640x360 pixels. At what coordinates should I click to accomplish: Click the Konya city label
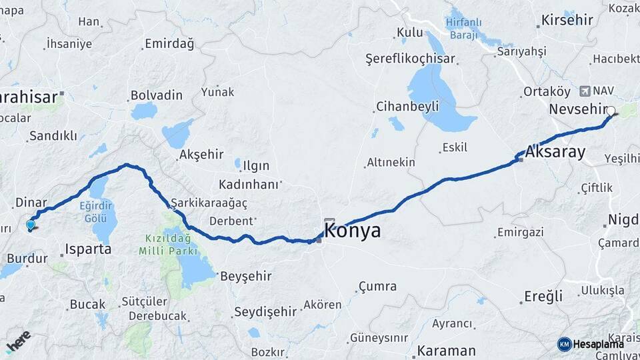[353, 231]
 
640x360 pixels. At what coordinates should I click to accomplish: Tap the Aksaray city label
[555, 151]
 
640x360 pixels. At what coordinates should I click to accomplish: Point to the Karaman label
[447, 350]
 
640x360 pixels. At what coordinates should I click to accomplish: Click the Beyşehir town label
[248, 275]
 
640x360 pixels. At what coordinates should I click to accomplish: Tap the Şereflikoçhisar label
[410, 59]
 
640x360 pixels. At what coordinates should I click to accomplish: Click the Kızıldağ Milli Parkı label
[169, 245]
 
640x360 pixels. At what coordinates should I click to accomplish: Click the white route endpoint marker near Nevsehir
[611, 111]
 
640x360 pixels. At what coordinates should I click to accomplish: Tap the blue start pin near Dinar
[31, 225]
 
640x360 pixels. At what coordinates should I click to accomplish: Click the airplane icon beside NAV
[585, 90]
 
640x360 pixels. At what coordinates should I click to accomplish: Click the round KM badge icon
[564, 344]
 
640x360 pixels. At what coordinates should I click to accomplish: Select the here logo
[18, 341]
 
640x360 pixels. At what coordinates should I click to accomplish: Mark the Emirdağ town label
[169, 45]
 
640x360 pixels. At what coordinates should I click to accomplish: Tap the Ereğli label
[544, 296]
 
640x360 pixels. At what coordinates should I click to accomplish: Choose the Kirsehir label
[567, 19]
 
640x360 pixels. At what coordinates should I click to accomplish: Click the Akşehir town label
[201, 155]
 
